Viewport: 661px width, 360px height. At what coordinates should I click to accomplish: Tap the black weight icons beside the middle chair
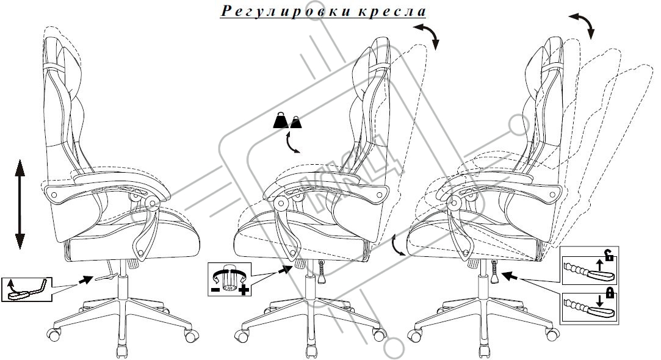click(x=287, y=121)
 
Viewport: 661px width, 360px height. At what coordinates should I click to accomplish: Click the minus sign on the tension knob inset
click(x=215, y=290)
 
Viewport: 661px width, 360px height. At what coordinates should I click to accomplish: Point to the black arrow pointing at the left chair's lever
click(x=87, y=280)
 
